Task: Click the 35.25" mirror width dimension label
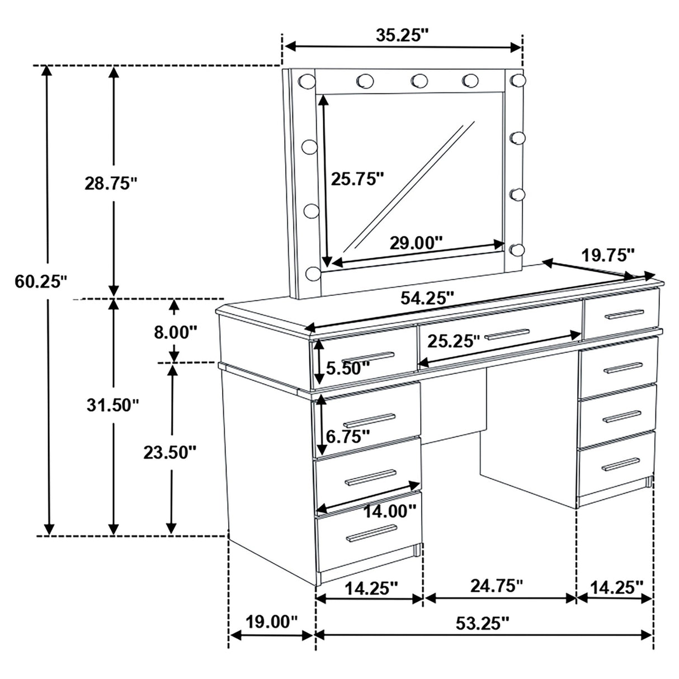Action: pos(402,35)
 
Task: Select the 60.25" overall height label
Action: pos(41,281)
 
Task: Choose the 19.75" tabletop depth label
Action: pos(608,256)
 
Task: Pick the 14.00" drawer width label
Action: pos(389,510)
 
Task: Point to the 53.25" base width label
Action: pos(483,623)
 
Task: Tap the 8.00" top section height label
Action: pos(176,332)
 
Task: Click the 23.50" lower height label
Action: pos(169,452)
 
